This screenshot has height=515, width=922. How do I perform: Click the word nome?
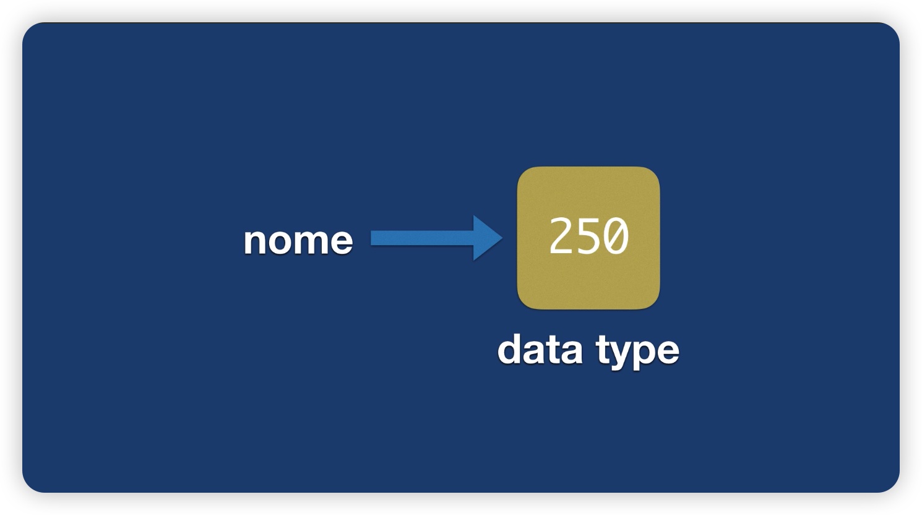click(298, 241)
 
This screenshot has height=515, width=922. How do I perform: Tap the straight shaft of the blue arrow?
click(422, 238)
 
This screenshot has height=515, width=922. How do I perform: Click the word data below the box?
click(540, 349)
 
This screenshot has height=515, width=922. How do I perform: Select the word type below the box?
click(637, 352)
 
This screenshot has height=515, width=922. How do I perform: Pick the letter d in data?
click(510, 349)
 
